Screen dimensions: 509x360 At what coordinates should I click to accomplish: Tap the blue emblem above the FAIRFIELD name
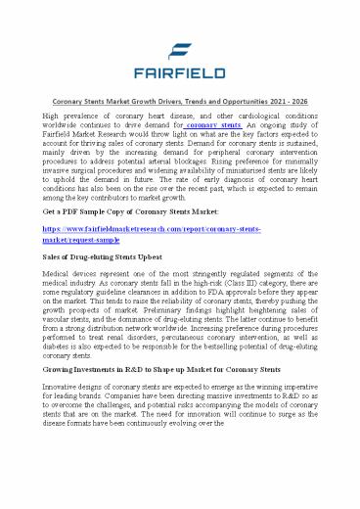180,47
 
